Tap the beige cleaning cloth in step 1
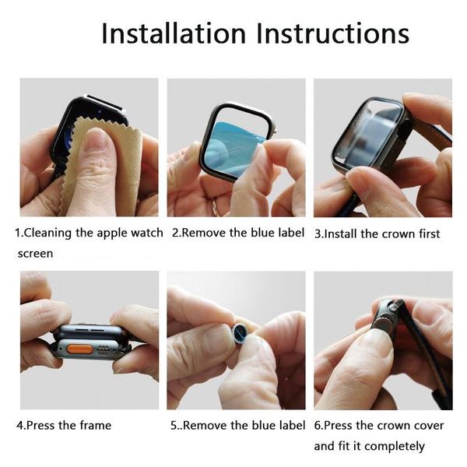(x=117, y=167)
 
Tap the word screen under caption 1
(x=35, y=253)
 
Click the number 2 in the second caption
(x=175, y=233)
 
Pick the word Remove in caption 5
(x=205, y=425)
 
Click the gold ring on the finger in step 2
(x=216, y=205)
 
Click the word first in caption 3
(x=426, y=233)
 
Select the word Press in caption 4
(x=45, y=425)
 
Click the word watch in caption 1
(x=146, y=233)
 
